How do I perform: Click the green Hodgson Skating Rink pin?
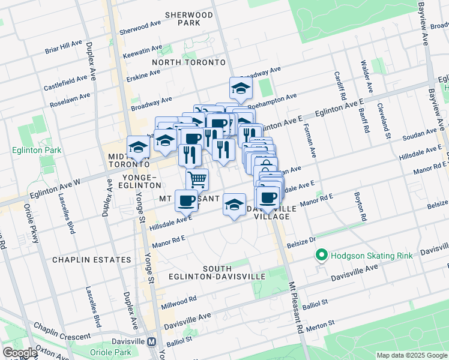point(322,256)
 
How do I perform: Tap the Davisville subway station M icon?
point(152,341)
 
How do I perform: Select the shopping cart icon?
point(197,179)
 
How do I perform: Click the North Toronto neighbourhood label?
point(188,62)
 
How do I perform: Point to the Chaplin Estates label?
point(91,260)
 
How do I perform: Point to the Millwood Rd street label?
point(178,302)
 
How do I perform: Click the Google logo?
point(19,353)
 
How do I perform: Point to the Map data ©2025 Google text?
point(411,355)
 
